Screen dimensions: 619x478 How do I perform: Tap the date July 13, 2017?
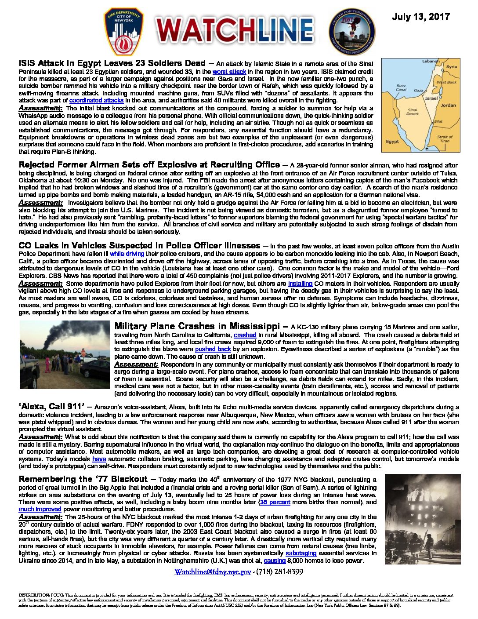tap(420, 17)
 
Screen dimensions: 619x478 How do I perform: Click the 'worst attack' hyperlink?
tap(229, 72)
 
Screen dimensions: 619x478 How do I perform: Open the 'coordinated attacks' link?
tap(96, 100)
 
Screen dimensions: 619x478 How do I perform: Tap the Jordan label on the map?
tap(448, 106)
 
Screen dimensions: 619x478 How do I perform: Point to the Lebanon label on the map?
tap(431, 62)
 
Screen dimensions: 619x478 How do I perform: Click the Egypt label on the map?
tap(392, 142)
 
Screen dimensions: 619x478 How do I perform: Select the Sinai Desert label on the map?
tap(413, 112)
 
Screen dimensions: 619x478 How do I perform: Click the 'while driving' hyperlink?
tap(127, 254)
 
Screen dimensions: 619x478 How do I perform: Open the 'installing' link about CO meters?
tap(300, 284)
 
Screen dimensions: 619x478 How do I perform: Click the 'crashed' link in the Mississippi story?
tap(245, 335)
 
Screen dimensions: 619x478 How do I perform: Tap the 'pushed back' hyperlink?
tap(213, 349)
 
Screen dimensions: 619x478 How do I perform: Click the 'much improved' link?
tap(40, 509)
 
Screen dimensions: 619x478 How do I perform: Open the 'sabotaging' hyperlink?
tap(301, 553)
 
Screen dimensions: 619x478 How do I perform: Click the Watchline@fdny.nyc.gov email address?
tap(212, 572)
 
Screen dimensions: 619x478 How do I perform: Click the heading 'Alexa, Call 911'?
tap(51, 406)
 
